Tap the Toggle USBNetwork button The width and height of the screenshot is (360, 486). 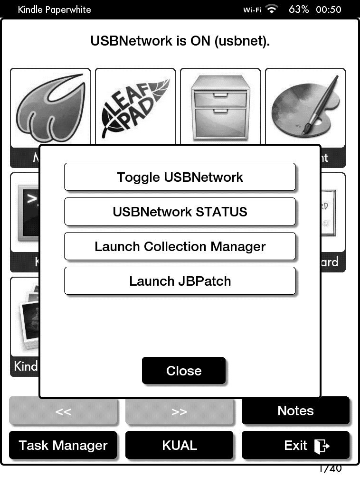180,178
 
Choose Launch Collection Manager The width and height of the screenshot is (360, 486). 180,247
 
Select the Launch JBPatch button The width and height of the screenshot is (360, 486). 180,281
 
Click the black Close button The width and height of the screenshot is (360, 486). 184,371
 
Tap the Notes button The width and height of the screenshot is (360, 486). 295,411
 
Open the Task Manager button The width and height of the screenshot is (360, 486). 63,445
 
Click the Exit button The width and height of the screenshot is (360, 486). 295,445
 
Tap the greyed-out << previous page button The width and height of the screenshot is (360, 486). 63,411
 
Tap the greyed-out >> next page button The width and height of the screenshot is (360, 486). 179,411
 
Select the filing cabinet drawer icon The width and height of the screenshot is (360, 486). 220,107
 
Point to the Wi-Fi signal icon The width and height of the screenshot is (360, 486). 272,9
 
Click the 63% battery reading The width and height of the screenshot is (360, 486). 299,9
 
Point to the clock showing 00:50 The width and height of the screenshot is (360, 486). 329,9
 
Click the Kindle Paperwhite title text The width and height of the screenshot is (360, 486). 54,9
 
